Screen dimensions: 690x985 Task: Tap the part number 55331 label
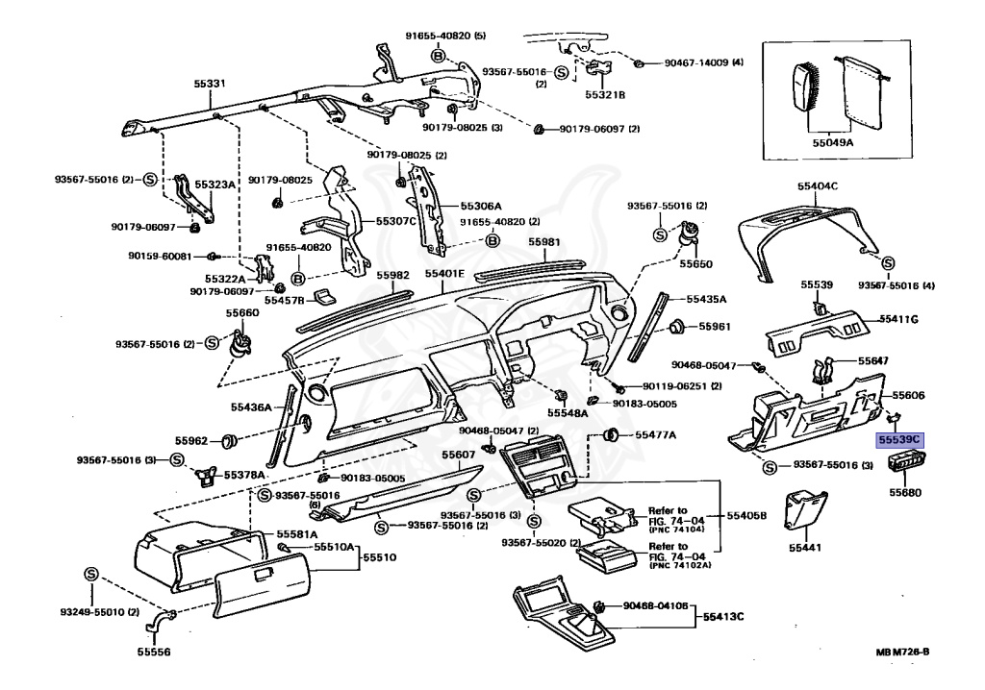coord(209,85)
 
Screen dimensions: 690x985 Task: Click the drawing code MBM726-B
coord(902,653)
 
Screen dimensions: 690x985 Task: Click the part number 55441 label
coord(805,547)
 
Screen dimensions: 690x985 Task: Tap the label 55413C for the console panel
coord(726,616)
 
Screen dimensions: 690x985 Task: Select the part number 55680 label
coord(904,491)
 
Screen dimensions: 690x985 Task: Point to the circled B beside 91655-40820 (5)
coord(439,57)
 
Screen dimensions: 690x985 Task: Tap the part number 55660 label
coord(242,312)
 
